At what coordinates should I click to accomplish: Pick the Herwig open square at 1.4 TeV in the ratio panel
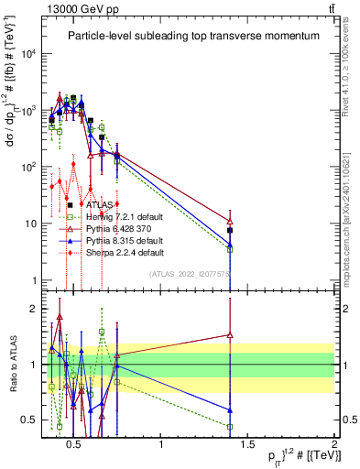click(230, 426)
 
